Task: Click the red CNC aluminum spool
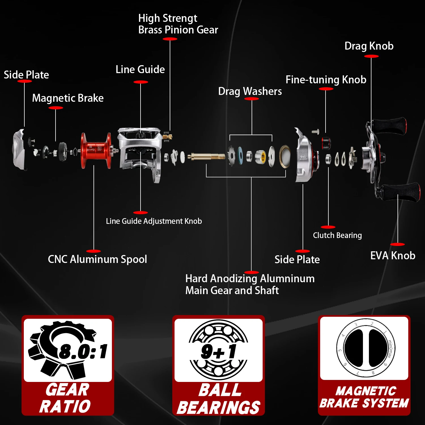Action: (x=95, y=151)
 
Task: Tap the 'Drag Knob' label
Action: (x=369, y=46)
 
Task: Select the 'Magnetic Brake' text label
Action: (x=68, y=98)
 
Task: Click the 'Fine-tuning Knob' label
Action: (x=326, y=80)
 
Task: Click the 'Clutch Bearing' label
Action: (x=337, y=235)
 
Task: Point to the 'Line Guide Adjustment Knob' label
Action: (x=154, y=221)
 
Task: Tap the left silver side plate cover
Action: (x=19, y=150)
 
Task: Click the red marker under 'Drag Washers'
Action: (x=251, y=99)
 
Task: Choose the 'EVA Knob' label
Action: (x=393, y=256)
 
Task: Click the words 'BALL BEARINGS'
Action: (x=219, y=399)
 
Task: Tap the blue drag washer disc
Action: (x=240, y=156)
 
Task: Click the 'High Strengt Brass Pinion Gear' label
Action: (x=178, y=24)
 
